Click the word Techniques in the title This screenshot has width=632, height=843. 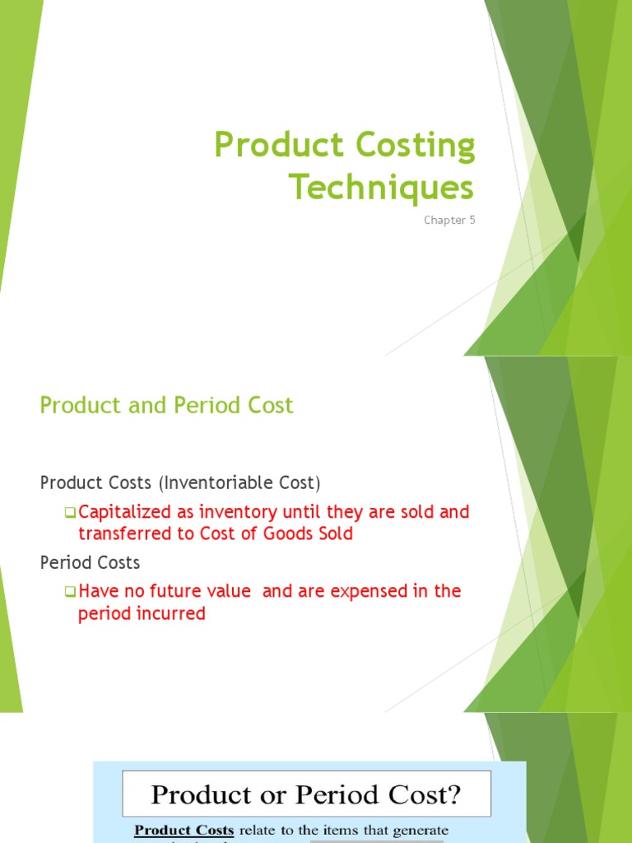381,189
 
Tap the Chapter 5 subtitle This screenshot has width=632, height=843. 449,220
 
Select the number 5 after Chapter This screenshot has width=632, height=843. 472,220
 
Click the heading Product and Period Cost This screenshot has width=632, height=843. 166,405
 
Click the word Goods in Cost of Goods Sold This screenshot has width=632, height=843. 284,533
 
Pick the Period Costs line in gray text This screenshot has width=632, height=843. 90,562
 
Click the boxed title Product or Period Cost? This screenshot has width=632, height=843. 306,794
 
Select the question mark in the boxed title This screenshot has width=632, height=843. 454,794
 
